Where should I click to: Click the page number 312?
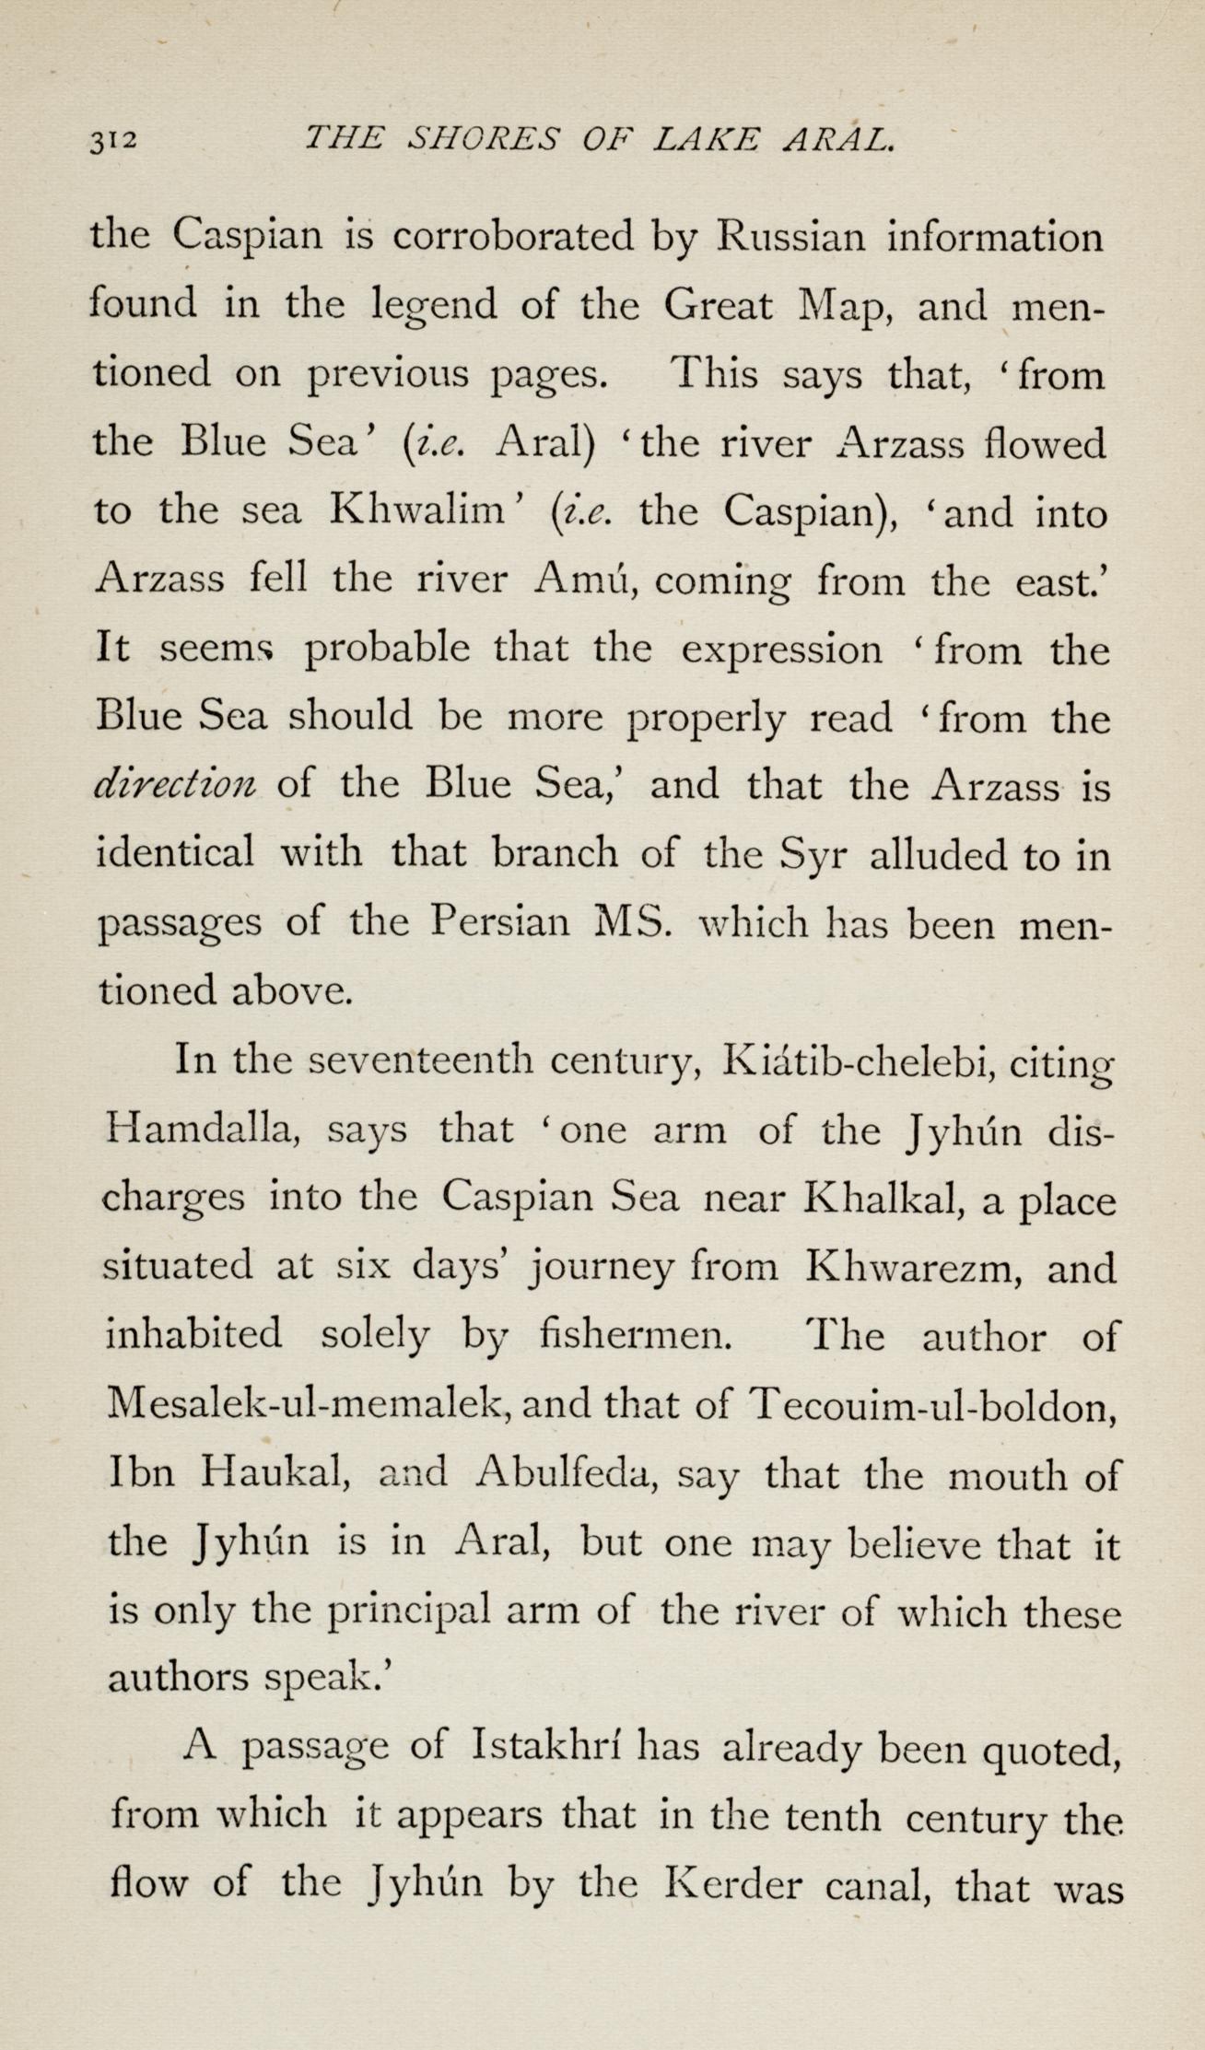[112, 140]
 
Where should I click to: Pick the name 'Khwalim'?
[419, 511]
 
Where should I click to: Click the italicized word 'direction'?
[176, 784]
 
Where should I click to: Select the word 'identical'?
[175, 852]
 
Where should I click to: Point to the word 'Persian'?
[500, 921]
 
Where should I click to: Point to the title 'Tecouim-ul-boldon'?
[930, 1405]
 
